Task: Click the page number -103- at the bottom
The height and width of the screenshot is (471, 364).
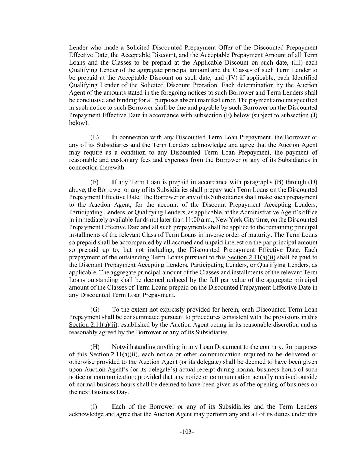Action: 187,432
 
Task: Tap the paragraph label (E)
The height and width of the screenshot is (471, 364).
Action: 95,137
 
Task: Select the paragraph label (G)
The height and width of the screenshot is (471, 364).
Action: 95,310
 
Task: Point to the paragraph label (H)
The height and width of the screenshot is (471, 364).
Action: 95,347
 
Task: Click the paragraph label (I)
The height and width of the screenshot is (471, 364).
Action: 94,406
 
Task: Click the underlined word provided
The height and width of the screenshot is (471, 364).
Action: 149,377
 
